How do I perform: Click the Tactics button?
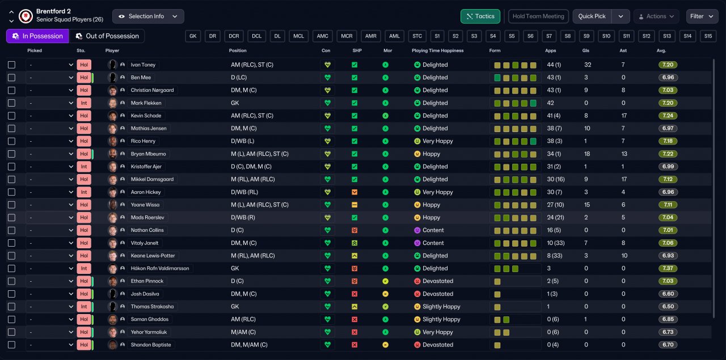coord(480,16)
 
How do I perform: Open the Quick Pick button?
coord(592,16)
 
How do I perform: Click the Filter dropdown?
coord(702,16)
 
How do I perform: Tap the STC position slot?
coord(417,36)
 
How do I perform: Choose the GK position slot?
coord(193,36)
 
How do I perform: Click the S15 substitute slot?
coord(707,36)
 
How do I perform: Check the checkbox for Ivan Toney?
coord(11,65)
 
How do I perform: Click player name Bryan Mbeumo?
coord(148,154)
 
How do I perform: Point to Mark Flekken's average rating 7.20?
coord(668,103)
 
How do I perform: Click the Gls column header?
coord(586,50)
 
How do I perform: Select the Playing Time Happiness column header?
coord(437,50)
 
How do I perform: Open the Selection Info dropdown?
coord(148,16)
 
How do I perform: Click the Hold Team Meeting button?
coord(538,16)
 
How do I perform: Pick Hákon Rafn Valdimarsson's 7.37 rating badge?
coord(668,268)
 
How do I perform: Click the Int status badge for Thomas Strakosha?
coord(83,307)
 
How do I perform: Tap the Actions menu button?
coord(656,16)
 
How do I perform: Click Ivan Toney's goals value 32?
coord(588,65)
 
